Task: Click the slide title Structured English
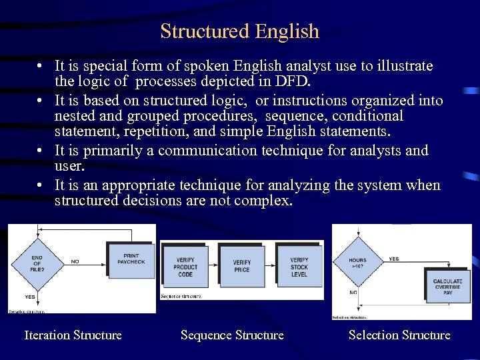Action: (240, 31)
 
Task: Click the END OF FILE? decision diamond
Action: (36, 263)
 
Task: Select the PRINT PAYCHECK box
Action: (131, 259)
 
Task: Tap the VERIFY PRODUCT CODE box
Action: (186, 267)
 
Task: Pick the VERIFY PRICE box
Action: (242, 267)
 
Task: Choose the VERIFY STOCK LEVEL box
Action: (299, 267)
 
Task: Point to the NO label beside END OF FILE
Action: (75, 262)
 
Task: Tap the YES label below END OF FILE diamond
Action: (30, 297)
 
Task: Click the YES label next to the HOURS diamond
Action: (394, 259)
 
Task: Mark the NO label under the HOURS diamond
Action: (353, 292)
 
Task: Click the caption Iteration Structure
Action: (73, 335)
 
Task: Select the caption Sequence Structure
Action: (232, 335)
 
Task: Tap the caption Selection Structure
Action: (399, 335)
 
